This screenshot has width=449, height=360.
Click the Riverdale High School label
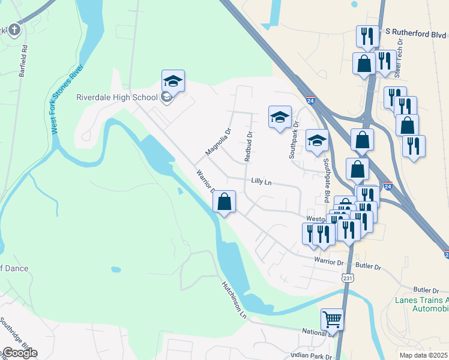tap(116, 98)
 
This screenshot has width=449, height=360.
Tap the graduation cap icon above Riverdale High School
tap(173, 81)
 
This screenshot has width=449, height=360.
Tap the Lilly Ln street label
tap(262, 181)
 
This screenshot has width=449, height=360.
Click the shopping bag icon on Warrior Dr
tap(224, 202)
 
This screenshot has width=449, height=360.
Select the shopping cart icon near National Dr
tap(332, 320)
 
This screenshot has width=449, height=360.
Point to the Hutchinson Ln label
tap(234, 299)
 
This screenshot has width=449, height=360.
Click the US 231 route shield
tap(348, 278)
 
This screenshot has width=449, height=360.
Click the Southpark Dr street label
tap(294, 143)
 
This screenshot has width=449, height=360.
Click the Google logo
tap(19, 353)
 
